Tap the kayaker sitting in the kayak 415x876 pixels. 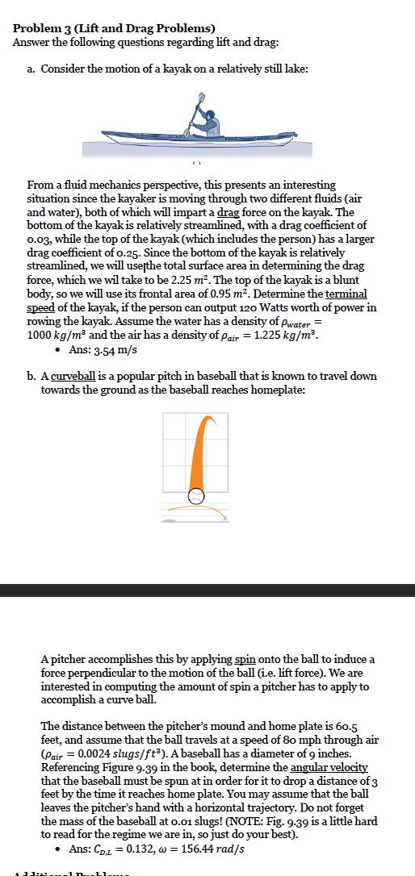point(207,122)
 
